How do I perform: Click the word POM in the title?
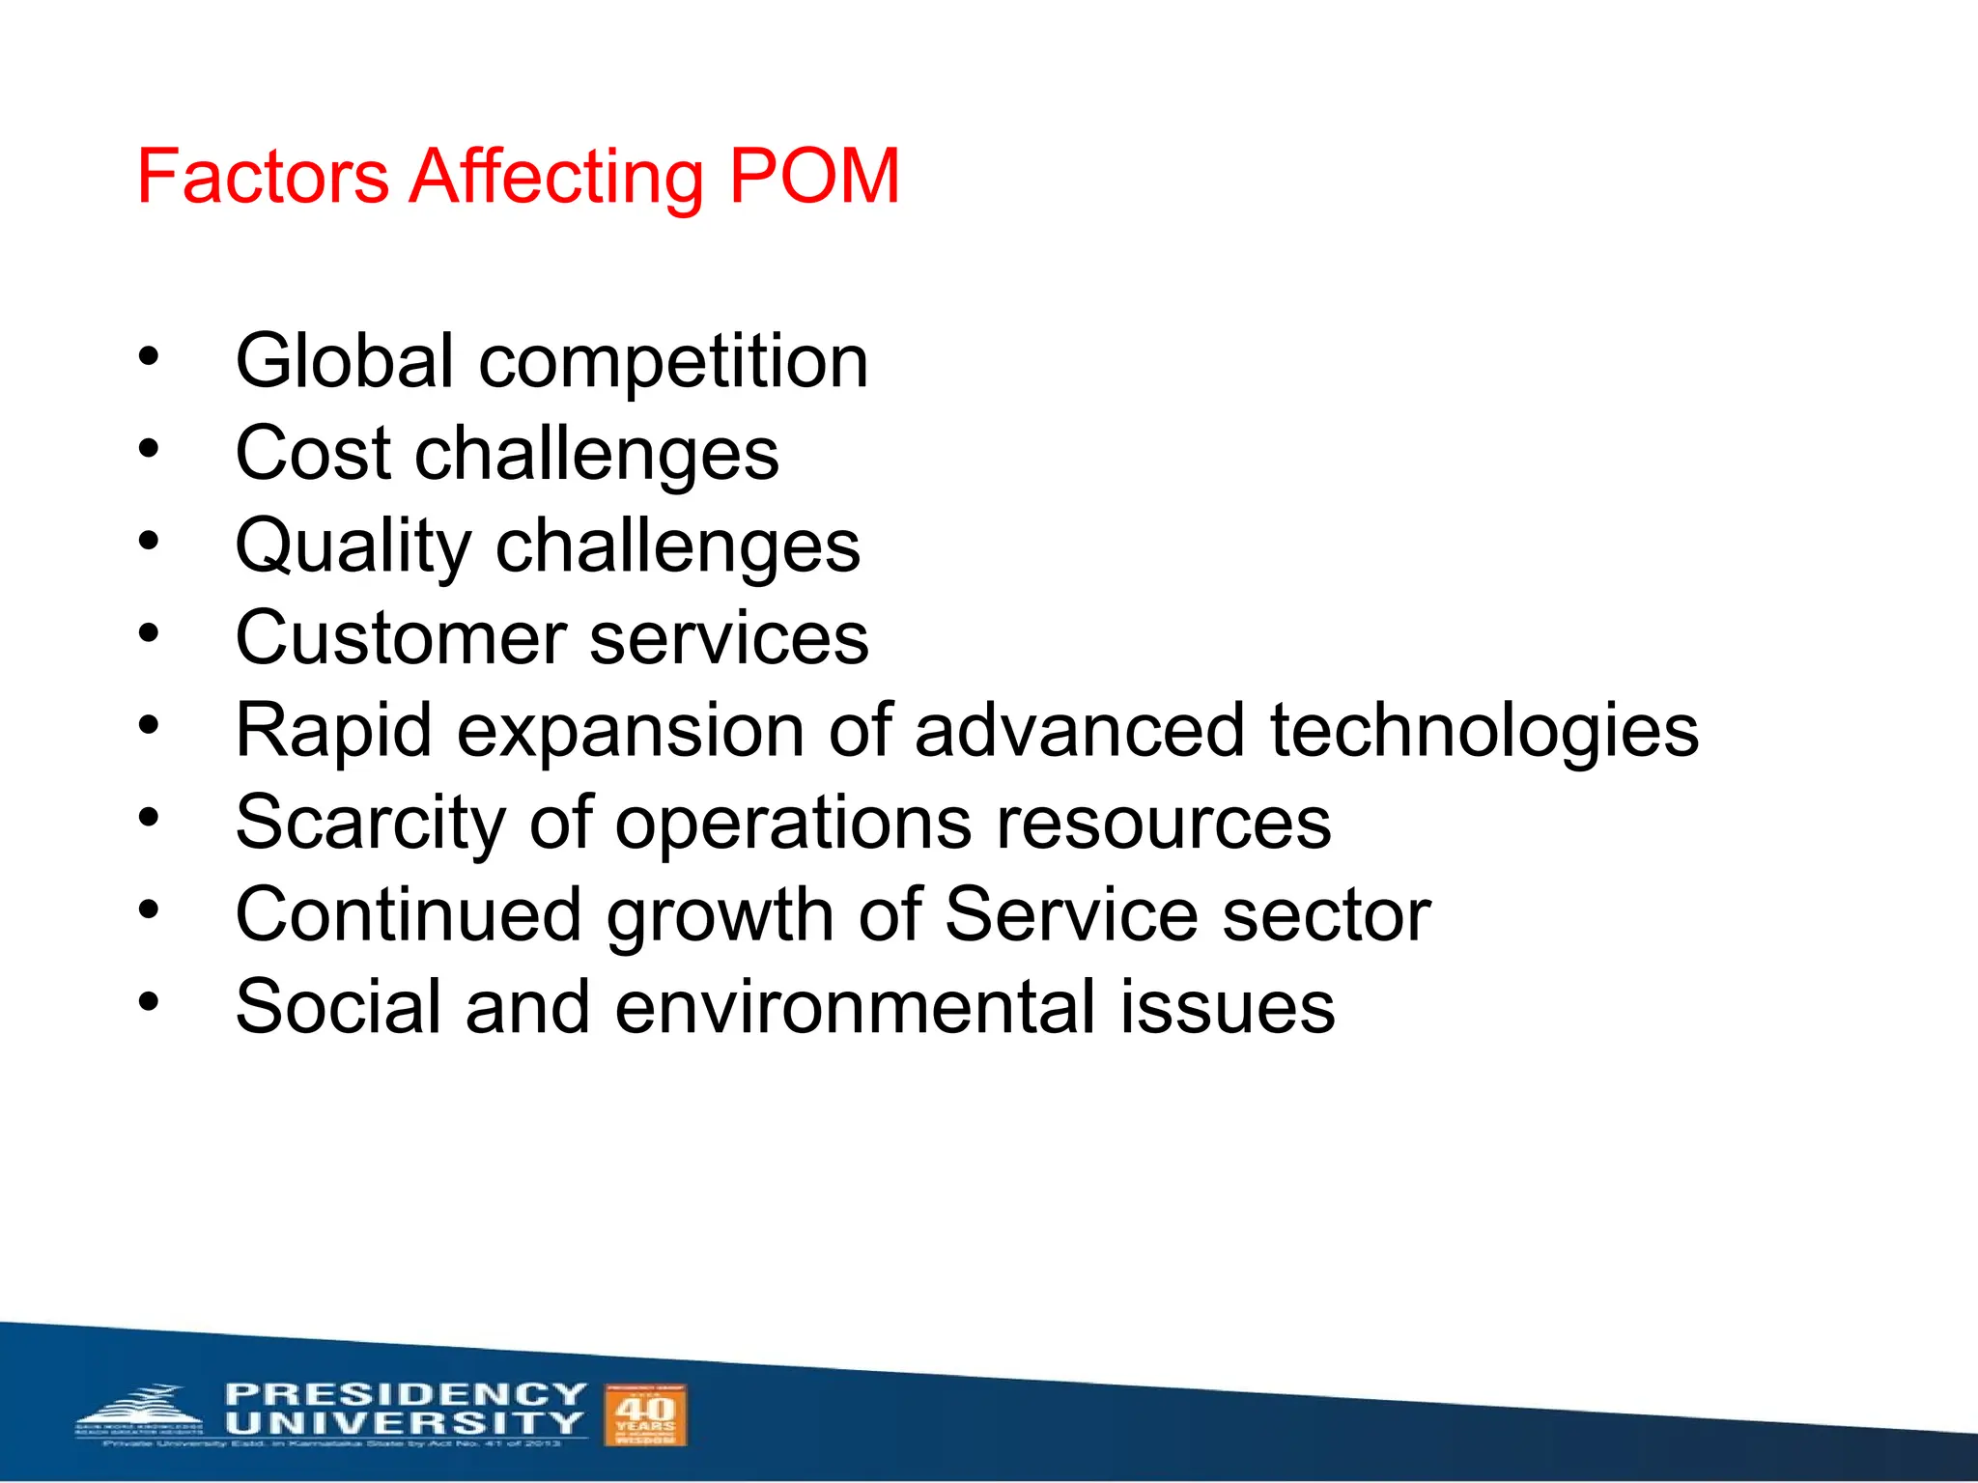[814, 177]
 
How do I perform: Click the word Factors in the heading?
[263, 177]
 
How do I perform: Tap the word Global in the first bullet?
[345, 361]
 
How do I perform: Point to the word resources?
[1163, 824]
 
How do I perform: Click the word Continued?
[409, 915]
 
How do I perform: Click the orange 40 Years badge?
[645, 1414]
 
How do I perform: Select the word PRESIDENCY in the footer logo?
[406, 1394]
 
